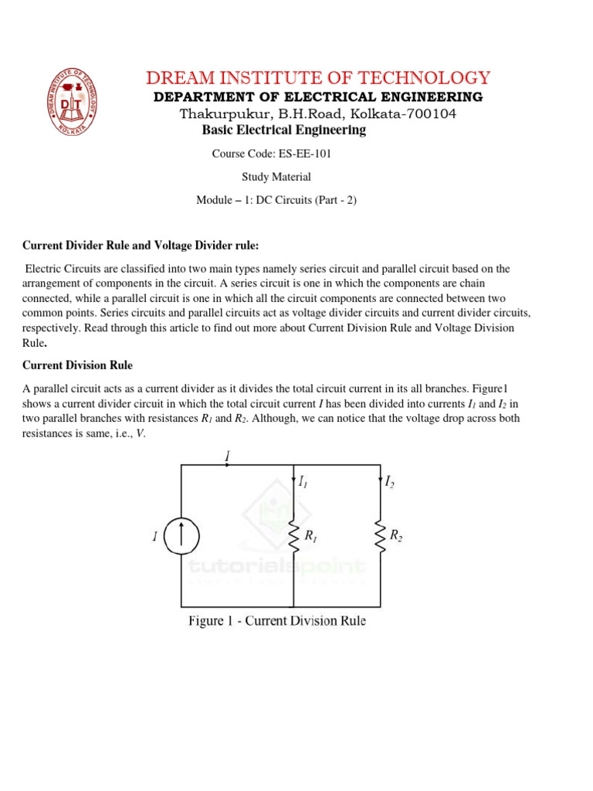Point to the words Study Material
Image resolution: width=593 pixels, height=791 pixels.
(276, 177)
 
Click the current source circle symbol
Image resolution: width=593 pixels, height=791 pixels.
(183, 536)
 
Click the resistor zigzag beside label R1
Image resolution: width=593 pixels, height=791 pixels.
(294, 535)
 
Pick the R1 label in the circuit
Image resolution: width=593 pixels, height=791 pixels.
(311, 535)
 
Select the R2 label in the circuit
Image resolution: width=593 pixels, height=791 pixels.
(395, 535)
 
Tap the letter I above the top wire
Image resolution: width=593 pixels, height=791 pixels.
(227, 457)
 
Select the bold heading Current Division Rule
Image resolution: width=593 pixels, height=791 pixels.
(77, 365)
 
